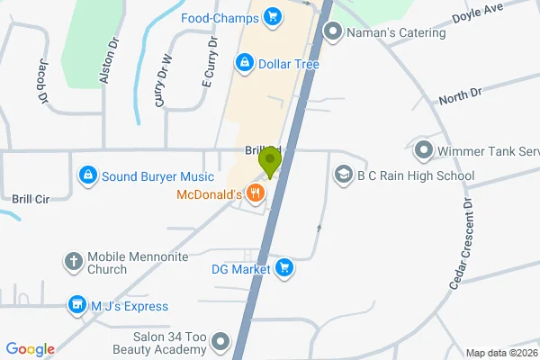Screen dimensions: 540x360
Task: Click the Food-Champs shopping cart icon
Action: pyautogui.click(x=272, y=17)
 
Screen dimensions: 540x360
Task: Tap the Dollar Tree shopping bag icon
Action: pyautogui.click(x=243, y=63)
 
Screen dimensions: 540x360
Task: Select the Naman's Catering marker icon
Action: pyautogui.click(x=333, y=33)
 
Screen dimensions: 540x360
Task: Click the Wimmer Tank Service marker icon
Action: pyautogui.click(x=423, y=149)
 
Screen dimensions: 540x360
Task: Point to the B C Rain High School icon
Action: pyautogui.click(x=343, y=175)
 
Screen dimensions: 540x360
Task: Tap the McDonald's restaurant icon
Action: pyautogui.click(x=256, y=193)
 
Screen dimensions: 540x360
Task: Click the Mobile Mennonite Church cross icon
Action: pyautogui.click(x=75, y=262)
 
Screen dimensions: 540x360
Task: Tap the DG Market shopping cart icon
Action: pyautogui.click(x=284, y=267)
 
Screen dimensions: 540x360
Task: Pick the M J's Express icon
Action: pyautogui.click(x=76, y=307)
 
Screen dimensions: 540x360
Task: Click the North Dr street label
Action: pyautogui.click(x=461, y=94)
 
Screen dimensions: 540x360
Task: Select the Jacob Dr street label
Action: pyautogui.click(x=43, y=82)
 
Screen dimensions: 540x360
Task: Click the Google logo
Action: pyautogui.click(x=30, y=349)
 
